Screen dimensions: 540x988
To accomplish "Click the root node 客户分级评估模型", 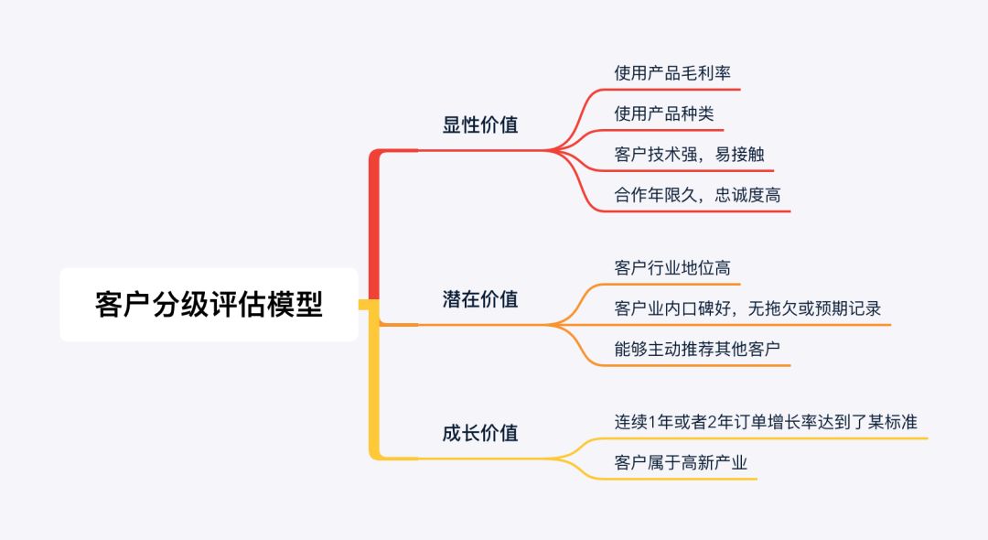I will pos(209,305).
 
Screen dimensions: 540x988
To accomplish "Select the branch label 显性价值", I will pos(480,125).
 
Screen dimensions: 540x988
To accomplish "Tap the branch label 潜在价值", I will pos(480,299).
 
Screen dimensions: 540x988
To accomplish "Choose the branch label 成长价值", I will pos(480,433).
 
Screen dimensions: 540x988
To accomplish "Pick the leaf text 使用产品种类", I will pos(664,113).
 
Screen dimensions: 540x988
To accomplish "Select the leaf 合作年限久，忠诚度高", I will pos(697,195).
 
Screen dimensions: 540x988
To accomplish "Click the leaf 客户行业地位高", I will pos(672,268).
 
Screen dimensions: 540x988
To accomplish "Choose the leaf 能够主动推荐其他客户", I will pos(697,350).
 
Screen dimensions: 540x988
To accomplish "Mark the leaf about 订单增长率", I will pos(766,422).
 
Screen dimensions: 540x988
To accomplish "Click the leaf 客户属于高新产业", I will pos(681,463).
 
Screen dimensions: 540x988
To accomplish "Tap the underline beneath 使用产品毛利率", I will pos(672,90).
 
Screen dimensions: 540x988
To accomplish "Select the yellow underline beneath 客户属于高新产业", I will pos(681,479).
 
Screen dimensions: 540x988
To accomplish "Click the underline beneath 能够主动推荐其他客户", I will pos(697,366).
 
